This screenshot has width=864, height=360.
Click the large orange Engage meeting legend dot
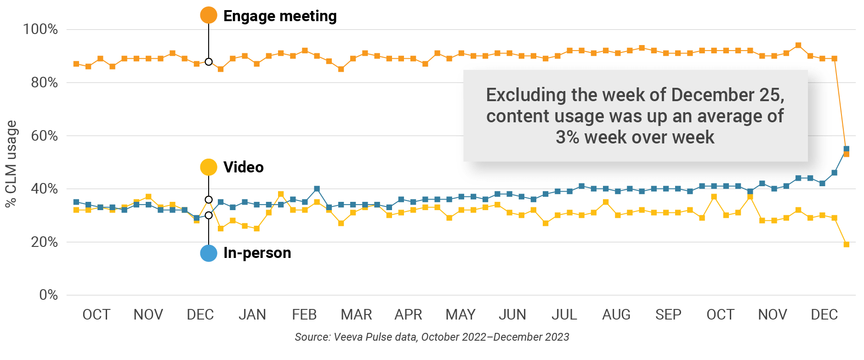click(x=209, y=15)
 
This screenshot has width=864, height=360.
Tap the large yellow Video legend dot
click(x=209, y=167)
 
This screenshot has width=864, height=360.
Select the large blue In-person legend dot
click(x=209, y=253)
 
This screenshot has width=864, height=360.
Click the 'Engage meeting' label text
click(x=280, y=16)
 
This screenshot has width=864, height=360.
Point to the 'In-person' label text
click(x=257, y=253)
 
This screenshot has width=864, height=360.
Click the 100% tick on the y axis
click(x=40, y=29)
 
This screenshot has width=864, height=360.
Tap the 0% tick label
click(x=48, y=295)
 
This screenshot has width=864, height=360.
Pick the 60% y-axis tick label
click(x=44, y=136)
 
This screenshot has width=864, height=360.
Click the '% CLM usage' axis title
click(x=11, y=164)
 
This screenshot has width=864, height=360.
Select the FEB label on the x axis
click(x=304, y=314)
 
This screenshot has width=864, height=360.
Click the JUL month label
click(x=564, y=314)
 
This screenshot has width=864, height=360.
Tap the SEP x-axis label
click(x=668, y=314)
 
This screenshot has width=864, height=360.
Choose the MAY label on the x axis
click(x=460, y=314)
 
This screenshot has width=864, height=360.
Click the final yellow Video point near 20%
click(x=847, y=245)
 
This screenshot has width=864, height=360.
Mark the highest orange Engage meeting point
click(x=798, y=46)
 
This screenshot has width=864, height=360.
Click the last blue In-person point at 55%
click(x=847, y=149)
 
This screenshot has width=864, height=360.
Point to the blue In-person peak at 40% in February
click(x=317, y=189)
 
